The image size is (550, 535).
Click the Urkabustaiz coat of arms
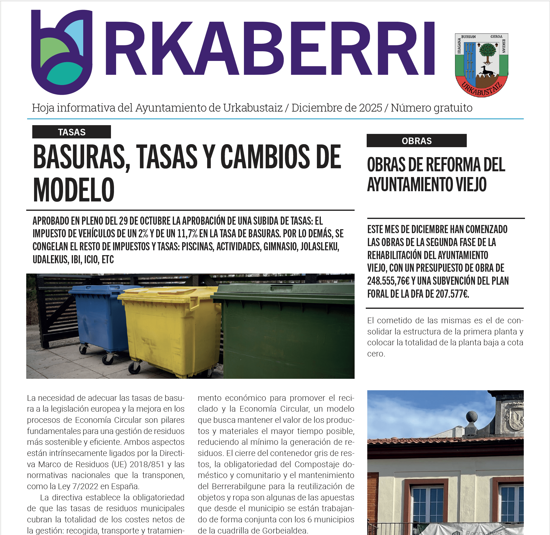click(x=482, y=65)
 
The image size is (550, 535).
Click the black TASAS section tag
click(x=71, y=132)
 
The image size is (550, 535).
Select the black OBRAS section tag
click(x=416, y=141)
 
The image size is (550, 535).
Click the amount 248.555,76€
click(x=388, y=281)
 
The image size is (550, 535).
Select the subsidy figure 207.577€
click(x=452, y=294)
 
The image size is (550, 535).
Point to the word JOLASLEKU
click(x=320, y=247)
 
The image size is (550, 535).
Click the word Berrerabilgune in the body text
click(x=237, y=486)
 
